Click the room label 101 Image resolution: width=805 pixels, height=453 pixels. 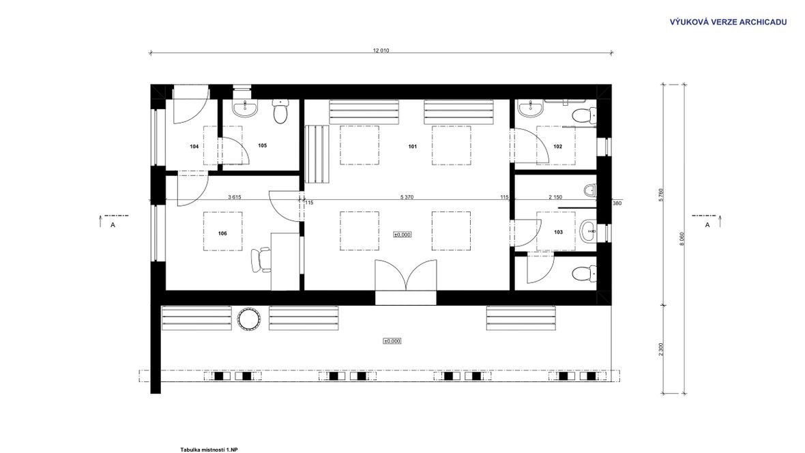[412, 147]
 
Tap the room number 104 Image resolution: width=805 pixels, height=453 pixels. [194, 147]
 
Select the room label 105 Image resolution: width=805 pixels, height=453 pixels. [263, 145]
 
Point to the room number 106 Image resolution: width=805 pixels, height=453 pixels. [222, 233]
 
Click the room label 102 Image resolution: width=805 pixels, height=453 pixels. [557, 147]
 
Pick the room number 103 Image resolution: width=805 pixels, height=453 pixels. [558, 232]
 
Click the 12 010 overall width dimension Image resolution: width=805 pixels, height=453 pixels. [381, 50]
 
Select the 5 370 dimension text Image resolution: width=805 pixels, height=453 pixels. [407, 197]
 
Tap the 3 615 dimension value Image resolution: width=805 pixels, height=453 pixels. [234, 197]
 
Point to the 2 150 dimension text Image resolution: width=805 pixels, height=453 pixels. [555, 197]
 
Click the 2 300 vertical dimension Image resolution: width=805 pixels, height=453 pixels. [661, 349]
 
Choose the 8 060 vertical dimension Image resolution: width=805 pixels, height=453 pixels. [682, 239]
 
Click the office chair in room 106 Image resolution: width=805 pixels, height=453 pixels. [261, 259]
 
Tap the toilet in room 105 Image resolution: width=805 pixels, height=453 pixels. [280, 111]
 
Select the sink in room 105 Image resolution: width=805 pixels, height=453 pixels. [246, 108]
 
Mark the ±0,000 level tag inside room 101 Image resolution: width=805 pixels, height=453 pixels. [402, 235]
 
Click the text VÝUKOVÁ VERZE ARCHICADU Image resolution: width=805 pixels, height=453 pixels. [728, 22]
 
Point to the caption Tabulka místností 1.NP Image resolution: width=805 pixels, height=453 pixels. [209, 450]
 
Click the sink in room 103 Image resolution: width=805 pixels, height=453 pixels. [588, 231]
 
